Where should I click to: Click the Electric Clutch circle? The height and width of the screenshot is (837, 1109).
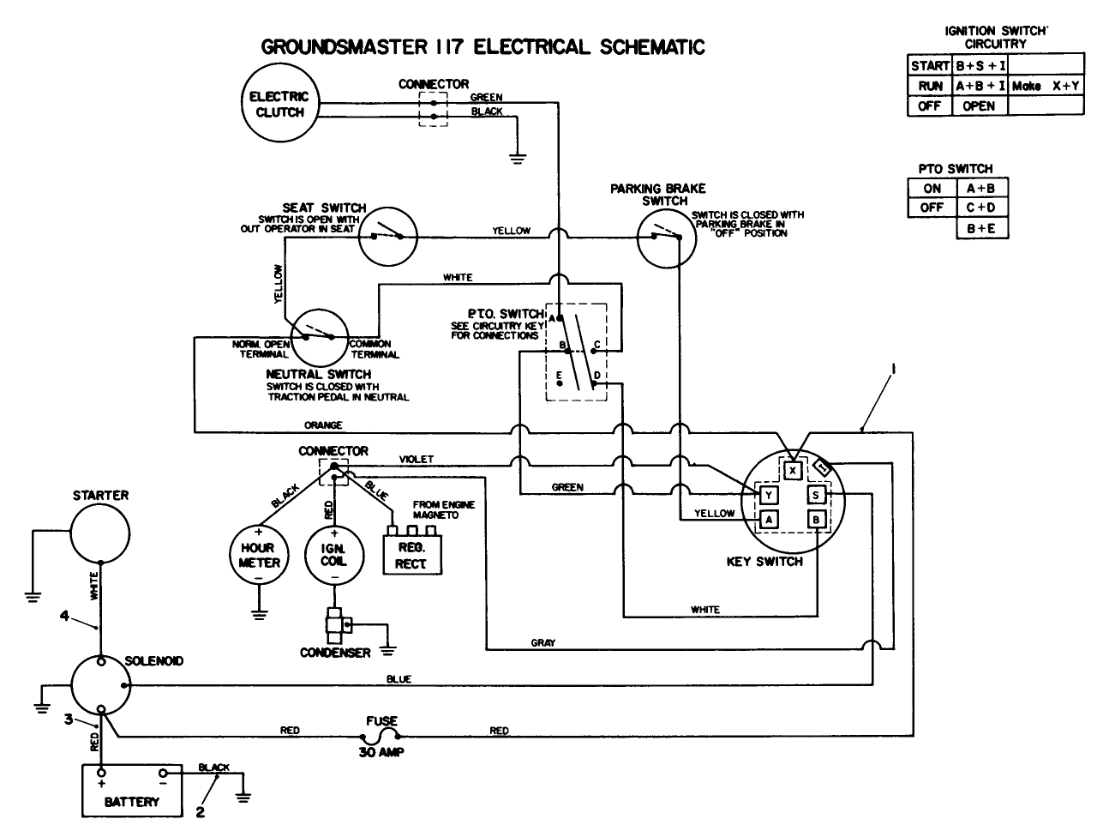(279, 105)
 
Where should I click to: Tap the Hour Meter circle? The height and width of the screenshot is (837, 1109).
(258, 555)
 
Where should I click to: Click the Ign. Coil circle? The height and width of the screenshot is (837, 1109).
(333, 555)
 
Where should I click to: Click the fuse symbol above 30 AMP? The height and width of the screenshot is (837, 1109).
(381, 735)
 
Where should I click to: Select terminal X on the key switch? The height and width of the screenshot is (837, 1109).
(794, 471)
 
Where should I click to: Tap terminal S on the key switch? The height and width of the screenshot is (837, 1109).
(816, 495)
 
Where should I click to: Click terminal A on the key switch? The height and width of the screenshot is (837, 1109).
(769, 519)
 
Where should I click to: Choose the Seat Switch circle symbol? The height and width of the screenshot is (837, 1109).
(387, 236)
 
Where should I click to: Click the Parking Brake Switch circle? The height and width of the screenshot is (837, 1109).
(665, 238)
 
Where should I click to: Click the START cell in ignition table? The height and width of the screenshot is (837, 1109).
(930, 65)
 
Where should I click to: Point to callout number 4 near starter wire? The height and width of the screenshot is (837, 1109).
(63, 615)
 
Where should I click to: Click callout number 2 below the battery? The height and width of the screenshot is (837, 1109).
(200, 813)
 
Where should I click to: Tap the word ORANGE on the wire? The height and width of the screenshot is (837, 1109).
(323, 425)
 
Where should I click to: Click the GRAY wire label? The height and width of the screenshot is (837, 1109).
(543, 642)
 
